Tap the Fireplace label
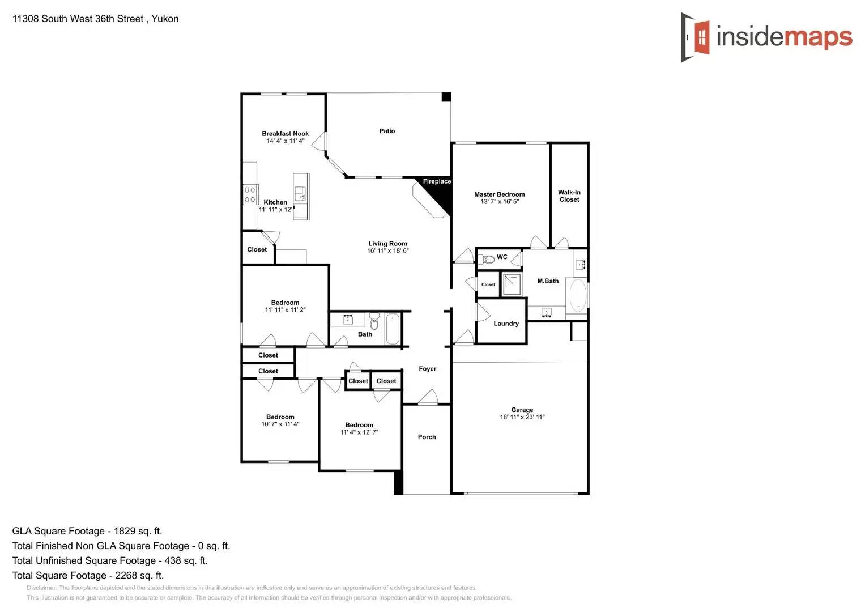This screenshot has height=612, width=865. pyautogui.click(x=437, y=181)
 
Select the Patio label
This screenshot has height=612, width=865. pyautogui.click(x=387, y=131)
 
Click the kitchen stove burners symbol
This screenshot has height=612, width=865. pyautogui.click(x=250, y=194)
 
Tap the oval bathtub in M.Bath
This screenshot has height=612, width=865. pyautogui.click(x=577, y=295)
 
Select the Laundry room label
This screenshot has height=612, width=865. pyautogui.click(x=506, y=324)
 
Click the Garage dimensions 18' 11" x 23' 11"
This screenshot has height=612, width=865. pyautogui.click(x=522, y=417)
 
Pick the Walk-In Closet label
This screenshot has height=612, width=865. pyautogui.click(x=569, y=196)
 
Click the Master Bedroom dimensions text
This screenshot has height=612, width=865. pyautogui.click(x=499, y=202)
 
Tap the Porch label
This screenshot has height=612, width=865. pyautogui.click(x=427, y=437)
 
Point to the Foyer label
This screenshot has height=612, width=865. pyautogui.click(x=427, y=369)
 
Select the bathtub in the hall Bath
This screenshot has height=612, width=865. pyautogui.click(x=392, y=329)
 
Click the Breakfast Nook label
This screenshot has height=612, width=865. pyautogui.click(x=285, y=134)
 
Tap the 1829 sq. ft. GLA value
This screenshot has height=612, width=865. pyautogui.click(x=138, y=531)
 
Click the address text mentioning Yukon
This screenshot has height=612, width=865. pyautogui.click(x=95, y=19)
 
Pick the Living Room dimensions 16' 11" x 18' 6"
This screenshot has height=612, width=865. pyautogui.click(x=387, y=250)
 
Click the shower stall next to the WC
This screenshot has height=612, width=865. pyautogui.click(x=512, y=284)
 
